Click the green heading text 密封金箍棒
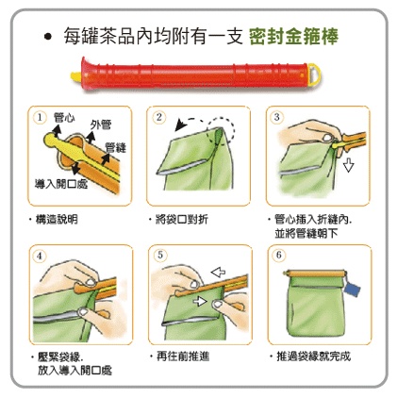pyautogui.click(x=293, y=37)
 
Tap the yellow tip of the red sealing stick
pyautogui.click(x=76, y=76)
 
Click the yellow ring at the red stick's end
pyautogui.click(x=314, y=75)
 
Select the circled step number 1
pyautogui.click(x=40, y=118)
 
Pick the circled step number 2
pyautogui.click(x=159, y=118)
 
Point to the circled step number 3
pyautogui.click(x=276, y=118)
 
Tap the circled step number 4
pyautogui.click(x=40, y=257)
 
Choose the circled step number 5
pyautogui.click(x=160, y=255)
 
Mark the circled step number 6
pyautogui.click(x=279, y=255)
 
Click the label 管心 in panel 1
pyautogui.click(x=64, y=117)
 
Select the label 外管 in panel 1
pyautogui.click(x=101, y=124)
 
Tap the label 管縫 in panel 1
pyautogui.click(x=116, y=147)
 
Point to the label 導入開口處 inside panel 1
pyautogui.click(x=61, y=184)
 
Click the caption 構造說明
pyautogui.click(x=57, y=220)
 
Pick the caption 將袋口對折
pyautogui.click(x=182, y=220)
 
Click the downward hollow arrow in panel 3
pyautogui.click(x=348, y=165)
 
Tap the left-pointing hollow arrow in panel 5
pyautogui.click(x=218, y=272)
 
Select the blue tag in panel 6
pyautogui.click(x=352, y=290)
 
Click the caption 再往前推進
pyautogui.click(x=183, y=357)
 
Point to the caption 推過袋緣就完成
pyautogui.click(x=313, y=357)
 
